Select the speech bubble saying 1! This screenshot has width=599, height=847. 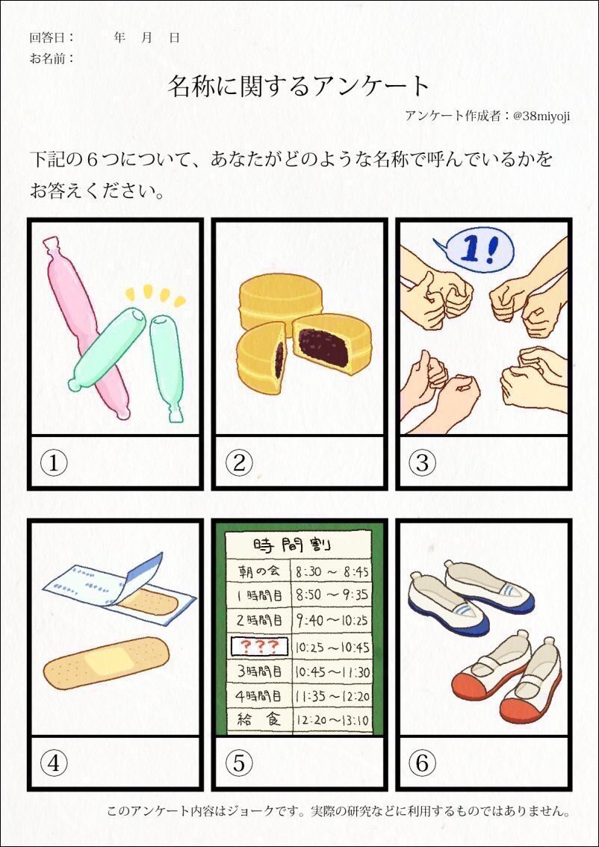click(474, 253)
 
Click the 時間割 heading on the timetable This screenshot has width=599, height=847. click(292, 544)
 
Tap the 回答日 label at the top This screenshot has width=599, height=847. click(52, 38)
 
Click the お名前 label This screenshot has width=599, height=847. click(52, 58)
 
